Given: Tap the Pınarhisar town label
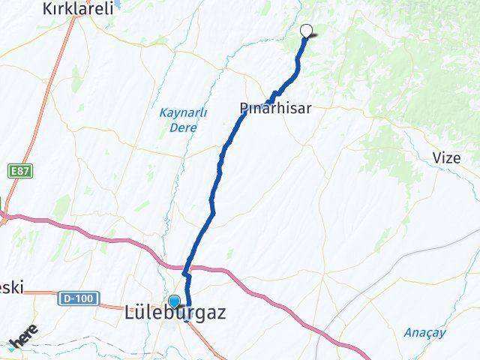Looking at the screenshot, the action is (275, 109).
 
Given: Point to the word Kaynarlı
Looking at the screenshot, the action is (183, 113).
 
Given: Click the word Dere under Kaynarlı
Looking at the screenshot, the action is (183, 127).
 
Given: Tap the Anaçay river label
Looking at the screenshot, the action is (425, 332).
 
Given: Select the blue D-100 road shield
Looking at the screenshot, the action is (78, 298).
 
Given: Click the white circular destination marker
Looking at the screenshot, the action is (306, 31).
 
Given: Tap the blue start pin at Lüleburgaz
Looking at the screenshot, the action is (174, 301).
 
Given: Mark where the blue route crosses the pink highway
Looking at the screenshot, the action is (188, 266).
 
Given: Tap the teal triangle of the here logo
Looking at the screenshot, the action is (10, 346).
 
